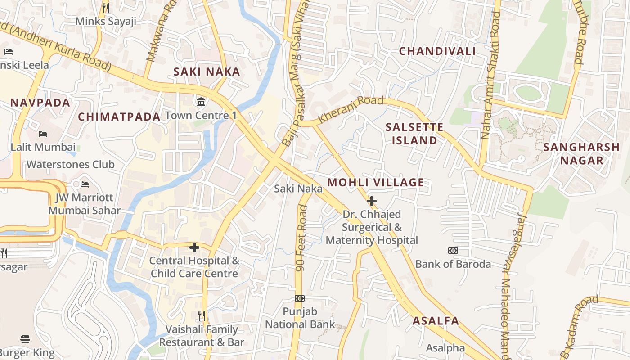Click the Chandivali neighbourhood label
click(x=437, y=51)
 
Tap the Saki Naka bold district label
click(x=207, y=72)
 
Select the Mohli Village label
click(x=375, y=183)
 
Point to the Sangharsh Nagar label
click(x=581, y=154)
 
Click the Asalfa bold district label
click(x=436, y=321)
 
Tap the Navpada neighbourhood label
click(x=40, y=103)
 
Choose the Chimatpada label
click(x=119, y=117)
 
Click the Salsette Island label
click(x=414, y=134)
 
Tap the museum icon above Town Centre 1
click(x=201, y=102)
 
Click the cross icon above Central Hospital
click(x=194, y=247)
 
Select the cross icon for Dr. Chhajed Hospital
click(x=372, y=201)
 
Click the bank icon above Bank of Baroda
click(x=453, y=251)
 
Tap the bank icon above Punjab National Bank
click(x=300, y=298)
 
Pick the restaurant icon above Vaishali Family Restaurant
click(x=202, y=316)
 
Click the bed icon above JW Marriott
click(x=84, y=184)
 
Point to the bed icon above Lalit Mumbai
click(x=43, y=134)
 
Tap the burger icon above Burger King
click(x=25, y=339)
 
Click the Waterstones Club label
click(x=71, y=165)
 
